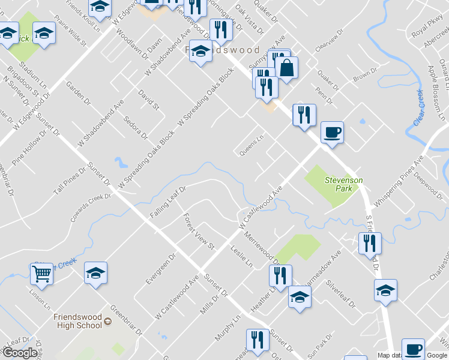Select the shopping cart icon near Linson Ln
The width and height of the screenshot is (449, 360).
click(41, 274)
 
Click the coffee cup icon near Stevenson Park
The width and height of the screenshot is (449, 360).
click(331, 132)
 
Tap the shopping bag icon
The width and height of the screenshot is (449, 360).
click(288, 68)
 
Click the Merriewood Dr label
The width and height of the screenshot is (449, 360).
click(261, 248)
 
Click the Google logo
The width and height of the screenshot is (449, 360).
click(19, 353)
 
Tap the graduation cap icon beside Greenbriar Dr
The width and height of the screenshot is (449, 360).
click(95, 274)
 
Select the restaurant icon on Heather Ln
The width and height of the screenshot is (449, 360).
click(280, 275)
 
